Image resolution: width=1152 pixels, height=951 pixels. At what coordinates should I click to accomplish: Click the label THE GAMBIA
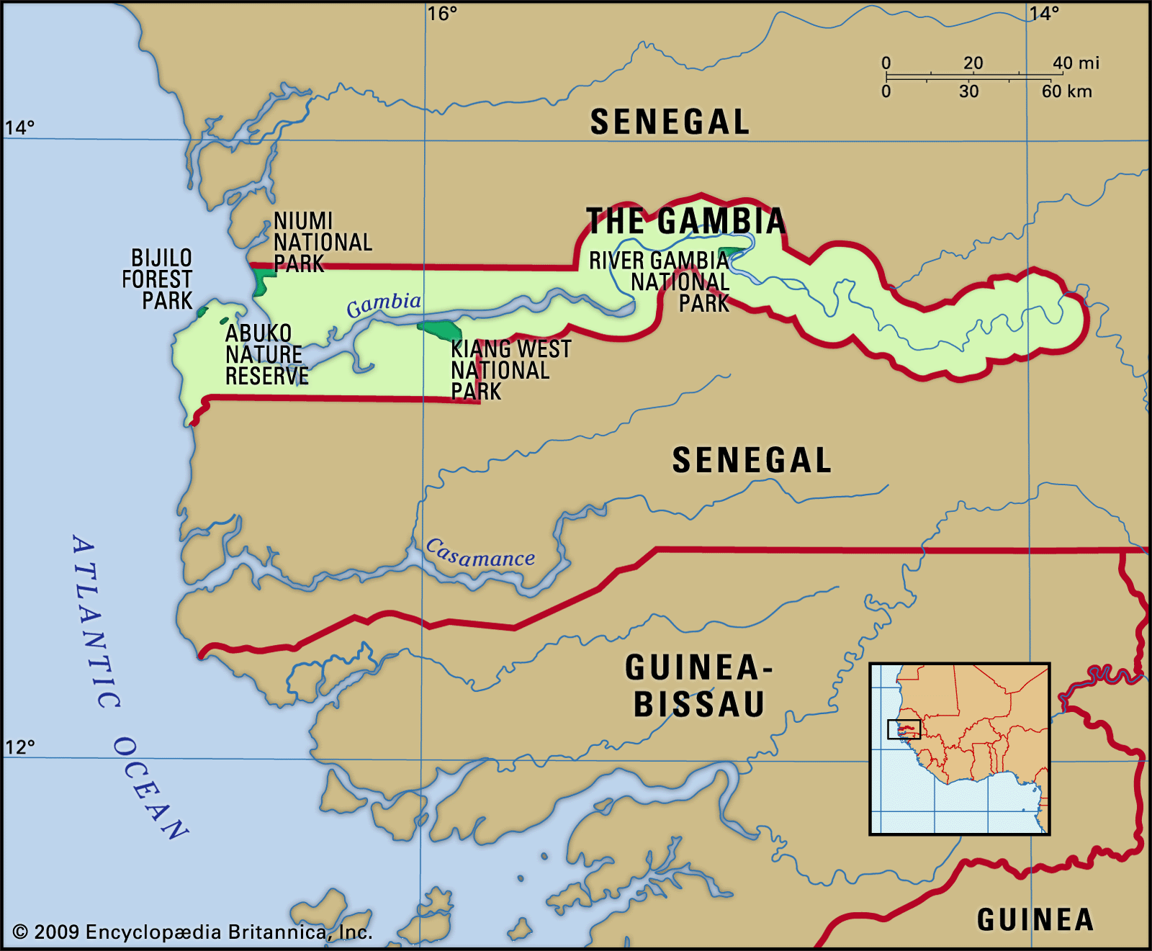(685, 221)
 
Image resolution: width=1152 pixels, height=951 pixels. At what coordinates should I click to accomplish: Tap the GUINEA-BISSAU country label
(698, 686)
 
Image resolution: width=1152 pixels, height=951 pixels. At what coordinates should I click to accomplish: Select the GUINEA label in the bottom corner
(1035, 920)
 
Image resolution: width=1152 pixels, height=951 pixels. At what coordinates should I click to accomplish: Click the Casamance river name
(480, 555)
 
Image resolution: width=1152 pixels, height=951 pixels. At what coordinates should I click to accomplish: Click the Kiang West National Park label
(510, 370)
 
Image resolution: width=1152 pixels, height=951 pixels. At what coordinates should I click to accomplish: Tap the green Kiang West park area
(441, 330)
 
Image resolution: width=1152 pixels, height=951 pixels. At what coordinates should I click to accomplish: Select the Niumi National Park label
(322, 242)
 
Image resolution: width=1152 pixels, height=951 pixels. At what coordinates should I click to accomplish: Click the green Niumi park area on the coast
(262, 280)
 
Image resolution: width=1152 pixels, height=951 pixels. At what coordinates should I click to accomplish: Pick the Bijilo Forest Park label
(158, 279)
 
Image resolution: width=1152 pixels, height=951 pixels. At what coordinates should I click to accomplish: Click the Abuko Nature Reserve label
(266, 354)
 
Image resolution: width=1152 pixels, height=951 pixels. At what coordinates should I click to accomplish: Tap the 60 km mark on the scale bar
(1066, 91)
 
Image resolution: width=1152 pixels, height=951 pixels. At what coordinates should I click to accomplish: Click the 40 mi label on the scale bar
(1076, 63)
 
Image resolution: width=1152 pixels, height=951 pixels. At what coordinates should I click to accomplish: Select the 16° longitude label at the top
(441, 14)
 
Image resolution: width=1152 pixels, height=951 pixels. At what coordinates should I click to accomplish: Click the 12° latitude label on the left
(20, 747)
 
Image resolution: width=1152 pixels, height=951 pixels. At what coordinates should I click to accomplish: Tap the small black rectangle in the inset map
(904, 729)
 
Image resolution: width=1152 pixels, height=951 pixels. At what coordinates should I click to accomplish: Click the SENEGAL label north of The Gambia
(670, 122)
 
